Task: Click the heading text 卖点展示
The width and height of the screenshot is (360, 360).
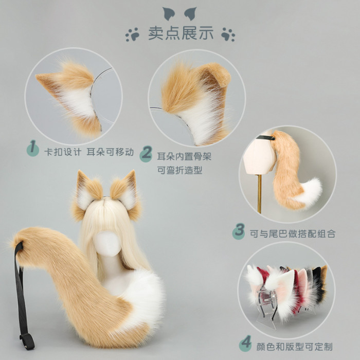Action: tap(181, 33)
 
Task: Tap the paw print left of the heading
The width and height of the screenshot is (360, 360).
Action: tap(132, 34)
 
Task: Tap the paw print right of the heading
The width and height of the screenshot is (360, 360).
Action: tap(228, 34)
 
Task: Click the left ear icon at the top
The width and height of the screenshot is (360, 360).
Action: tap(169, 13)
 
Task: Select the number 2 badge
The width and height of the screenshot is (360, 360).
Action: tap(146, 154)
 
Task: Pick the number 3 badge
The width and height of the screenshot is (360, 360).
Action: tap(239, 231)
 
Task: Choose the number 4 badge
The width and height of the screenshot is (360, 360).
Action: tap(245, 343)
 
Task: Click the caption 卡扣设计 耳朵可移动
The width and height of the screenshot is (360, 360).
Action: tap(89, 152)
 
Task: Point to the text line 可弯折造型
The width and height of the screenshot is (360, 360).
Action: tap(180, 170)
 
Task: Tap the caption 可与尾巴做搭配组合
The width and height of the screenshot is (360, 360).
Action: tap(293, 233)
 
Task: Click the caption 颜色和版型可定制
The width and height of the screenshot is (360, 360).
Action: tap(294, 347)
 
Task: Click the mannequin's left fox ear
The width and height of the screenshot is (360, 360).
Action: tap(86, 195)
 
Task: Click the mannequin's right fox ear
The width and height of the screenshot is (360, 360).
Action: tap(126, 195)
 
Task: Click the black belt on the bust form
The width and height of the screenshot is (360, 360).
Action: tap(266, 137)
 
